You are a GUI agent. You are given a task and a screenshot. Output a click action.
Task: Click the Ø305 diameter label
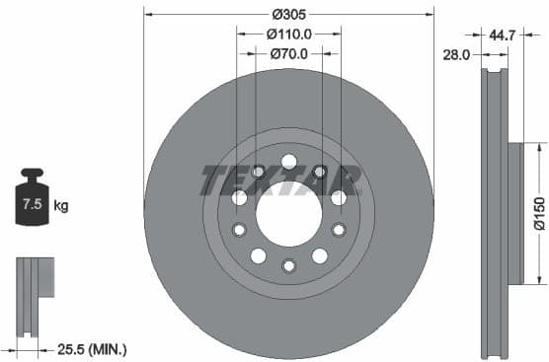click(288, 14)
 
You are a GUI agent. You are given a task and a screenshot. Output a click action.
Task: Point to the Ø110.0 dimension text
click(288, 34)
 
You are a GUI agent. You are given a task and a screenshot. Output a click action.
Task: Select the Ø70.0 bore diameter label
click(289, 54)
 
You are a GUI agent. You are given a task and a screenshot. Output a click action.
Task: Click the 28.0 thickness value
click(455, 55)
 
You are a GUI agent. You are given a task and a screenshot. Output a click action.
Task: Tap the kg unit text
click(60, 206)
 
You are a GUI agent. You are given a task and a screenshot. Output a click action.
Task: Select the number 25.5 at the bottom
click(71, 349)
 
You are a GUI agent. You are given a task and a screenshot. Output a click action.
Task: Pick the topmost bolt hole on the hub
click(288, 161)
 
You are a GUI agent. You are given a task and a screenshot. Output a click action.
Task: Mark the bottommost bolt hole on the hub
click(288, 265)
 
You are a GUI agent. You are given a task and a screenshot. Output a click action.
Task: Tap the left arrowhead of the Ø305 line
click(147, 14)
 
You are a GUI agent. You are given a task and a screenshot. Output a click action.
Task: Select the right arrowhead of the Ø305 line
click(431, 14)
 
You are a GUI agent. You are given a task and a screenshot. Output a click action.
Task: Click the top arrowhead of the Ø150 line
click(539, 146)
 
